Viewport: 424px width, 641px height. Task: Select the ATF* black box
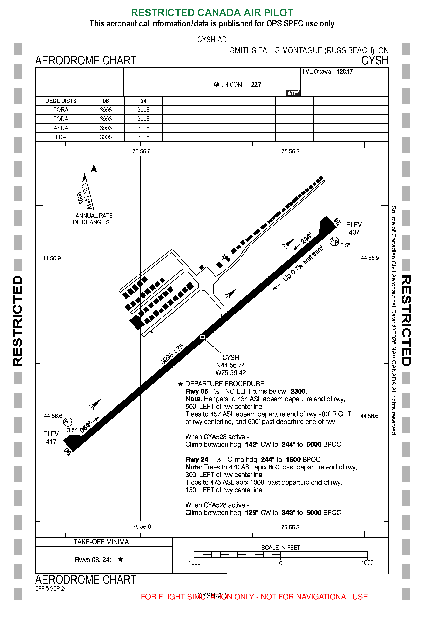tap(293, 93)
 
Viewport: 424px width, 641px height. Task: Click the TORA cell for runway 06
tap(105, 110)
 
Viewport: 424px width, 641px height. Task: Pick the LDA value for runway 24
tap(143, 137)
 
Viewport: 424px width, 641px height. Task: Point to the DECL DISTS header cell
tap(61, 101)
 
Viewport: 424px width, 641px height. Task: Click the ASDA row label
tap(61, 128)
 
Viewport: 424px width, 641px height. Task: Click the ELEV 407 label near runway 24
tap(354, 228)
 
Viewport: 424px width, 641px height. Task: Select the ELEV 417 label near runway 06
tap(51, 438)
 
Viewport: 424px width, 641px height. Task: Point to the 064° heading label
tap(85, 427)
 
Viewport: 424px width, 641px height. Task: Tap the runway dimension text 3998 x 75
tap(172, 354)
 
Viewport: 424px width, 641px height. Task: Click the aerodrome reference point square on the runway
tap(203, 337)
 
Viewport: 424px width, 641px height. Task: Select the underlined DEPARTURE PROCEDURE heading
tap(224, 384)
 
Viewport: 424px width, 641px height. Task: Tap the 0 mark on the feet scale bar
tap(281, 563)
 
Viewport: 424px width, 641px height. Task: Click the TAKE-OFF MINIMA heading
tap(101, 542)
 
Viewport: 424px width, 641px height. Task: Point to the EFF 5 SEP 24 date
tap(51, 588)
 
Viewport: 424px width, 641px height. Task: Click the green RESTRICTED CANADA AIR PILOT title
tap(212, 13)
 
